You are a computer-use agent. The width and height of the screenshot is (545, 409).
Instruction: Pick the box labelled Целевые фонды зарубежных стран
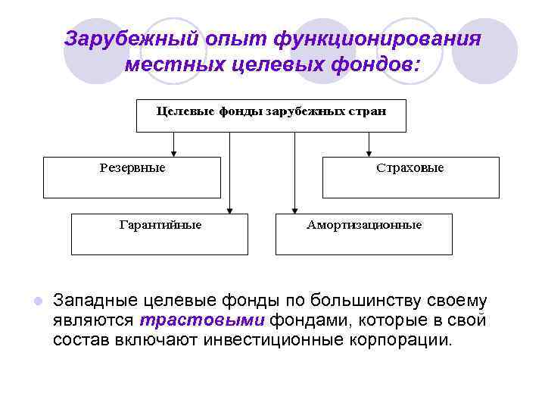[x=270, y=114]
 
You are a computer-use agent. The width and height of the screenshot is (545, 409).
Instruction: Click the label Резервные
[x=132, y=168]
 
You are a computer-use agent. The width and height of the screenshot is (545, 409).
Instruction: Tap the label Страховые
[x=410, y=168]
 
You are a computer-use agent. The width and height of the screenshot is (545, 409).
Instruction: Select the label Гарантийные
[x=160, y=225]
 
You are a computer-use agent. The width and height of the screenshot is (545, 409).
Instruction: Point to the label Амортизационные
[x=364, y=225]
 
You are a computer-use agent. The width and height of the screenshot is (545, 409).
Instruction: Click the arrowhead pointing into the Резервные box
[x=174, y=152]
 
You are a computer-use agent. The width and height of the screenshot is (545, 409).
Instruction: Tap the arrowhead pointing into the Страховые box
[x=369, y=152]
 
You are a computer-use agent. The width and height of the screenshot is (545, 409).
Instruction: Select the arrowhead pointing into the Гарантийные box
[x=231, y=209]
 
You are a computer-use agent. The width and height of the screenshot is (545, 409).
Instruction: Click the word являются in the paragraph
[x=93, y=320]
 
